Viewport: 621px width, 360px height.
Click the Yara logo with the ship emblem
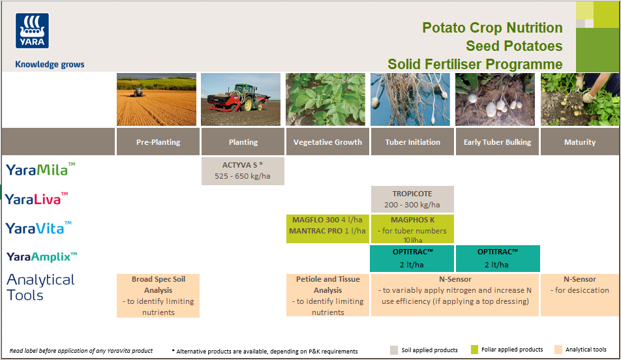tap(32, 31)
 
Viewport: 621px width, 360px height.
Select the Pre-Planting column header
tap(158, 142)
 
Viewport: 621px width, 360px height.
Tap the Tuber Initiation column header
tap(412, 142)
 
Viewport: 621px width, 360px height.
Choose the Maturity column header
tap(579, 142)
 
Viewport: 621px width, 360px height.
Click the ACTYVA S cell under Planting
tap(243, 170)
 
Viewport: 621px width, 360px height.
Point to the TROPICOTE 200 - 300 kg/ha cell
tap(412, 199)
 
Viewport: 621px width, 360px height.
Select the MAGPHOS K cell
tap(412, 228)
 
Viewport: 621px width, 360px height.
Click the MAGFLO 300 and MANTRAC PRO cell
tap(327, 226)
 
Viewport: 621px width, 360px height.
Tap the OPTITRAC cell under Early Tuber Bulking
tap(497, 258)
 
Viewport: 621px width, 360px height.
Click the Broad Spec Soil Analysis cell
tap(158, 295)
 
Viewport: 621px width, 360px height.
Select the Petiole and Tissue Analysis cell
tap(327, 295)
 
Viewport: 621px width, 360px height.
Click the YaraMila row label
tap(40, 170)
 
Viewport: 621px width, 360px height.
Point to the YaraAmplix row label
tap(42, 257)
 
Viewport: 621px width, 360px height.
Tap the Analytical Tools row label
tap(40, 287)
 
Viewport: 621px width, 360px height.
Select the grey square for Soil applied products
tap(394, 350)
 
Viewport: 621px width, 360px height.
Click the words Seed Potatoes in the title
tap(514, 46)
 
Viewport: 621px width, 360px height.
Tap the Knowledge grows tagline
tap(50, 65)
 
